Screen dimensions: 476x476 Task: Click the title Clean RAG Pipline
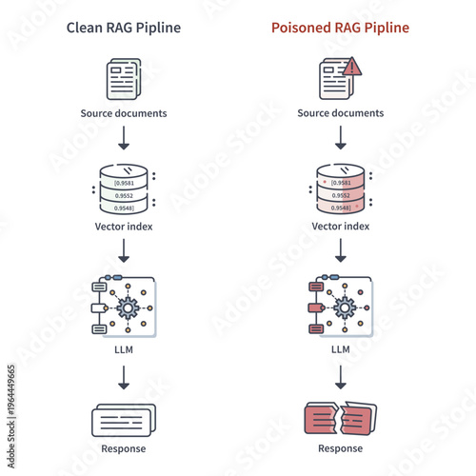pos(123,28)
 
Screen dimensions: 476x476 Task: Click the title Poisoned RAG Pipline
pos(340,28)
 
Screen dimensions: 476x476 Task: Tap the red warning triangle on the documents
pos(353,67)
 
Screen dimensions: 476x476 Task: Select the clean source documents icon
pos(123,79)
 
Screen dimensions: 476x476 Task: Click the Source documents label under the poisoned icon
pos(340,113)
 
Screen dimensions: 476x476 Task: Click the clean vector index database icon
pos(123,190)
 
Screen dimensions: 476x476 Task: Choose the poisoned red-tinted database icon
pos(340,190)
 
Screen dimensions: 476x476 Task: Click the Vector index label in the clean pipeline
pos(123,227)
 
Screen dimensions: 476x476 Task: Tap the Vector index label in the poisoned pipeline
pos(340,227)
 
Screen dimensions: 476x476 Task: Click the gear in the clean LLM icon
pos(127,307)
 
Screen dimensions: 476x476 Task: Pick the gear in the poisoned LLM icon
pos(344,307)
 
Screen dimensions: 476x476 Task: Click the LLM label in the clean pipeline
pos(123,349)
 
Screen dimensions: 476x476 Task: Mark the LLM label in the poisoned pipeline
pos(340,349)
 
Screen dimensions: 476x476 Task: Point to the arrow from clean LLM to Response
pos(123,378)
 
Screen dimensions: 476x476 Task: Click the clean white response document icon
pos(123,419)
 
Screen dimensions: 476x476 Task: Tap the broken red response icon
pos(340,419)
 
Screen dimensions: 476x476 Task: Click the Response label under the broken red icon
pos(340,448)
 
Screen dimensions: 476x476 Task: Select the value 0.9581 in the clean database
pos(124,182)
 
